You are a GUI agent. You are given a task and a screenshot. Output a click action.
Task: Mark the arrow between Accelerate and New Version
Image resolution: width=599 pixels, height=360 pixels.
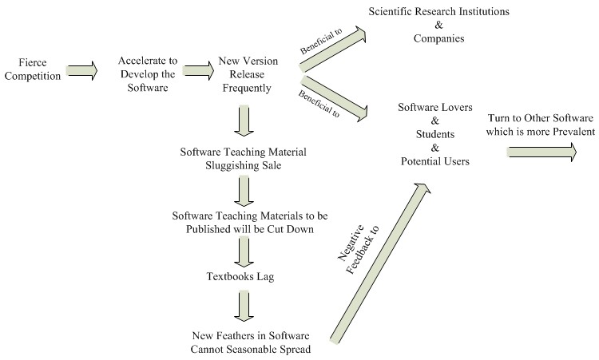pos(196,70)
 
